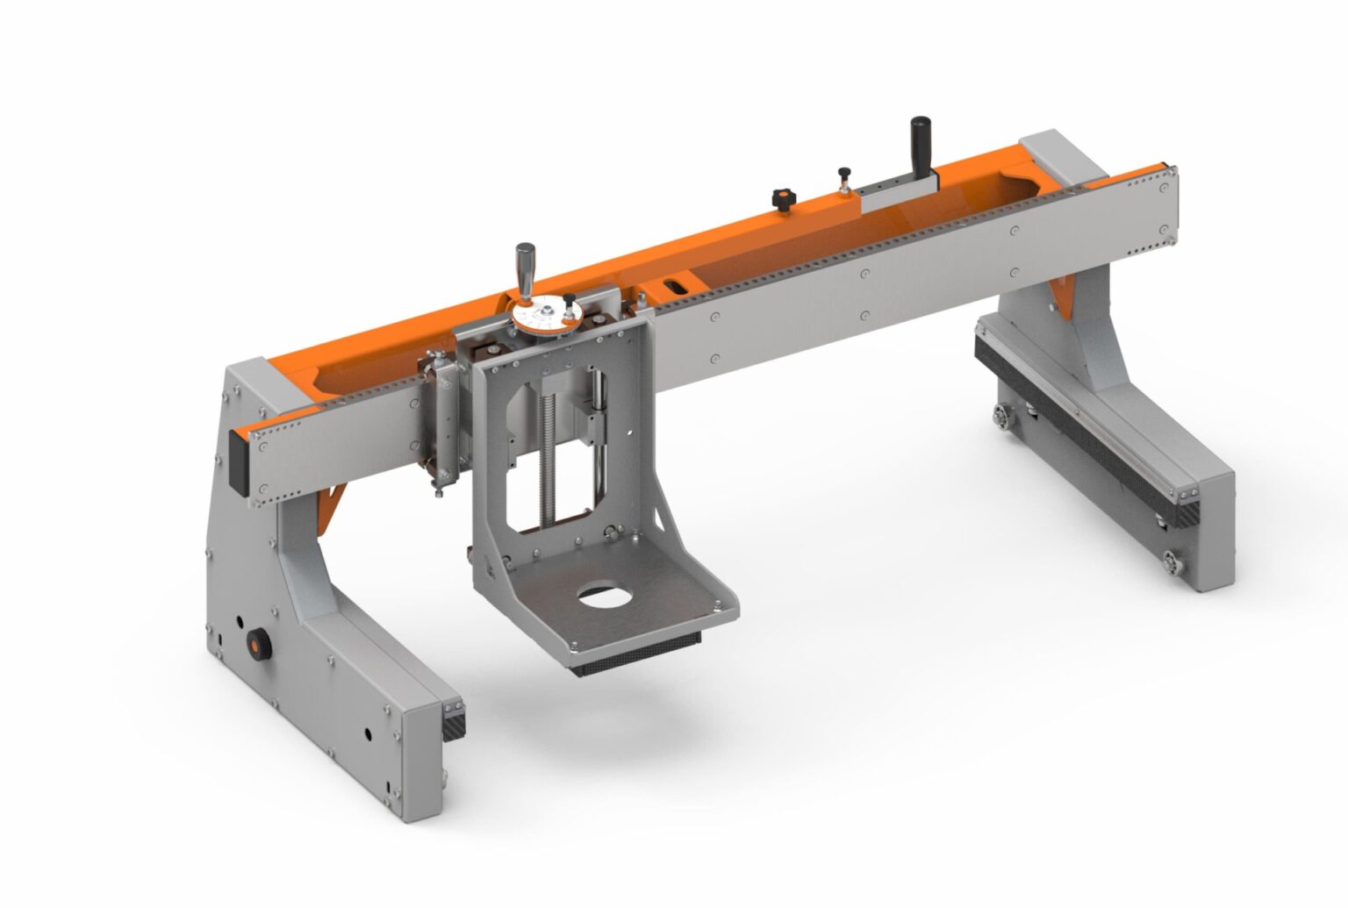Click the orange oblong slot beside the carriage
pyautogui.click(x=677, y=285)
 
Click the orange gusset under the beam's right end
pyautogui.click(x=1063, y=297)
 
